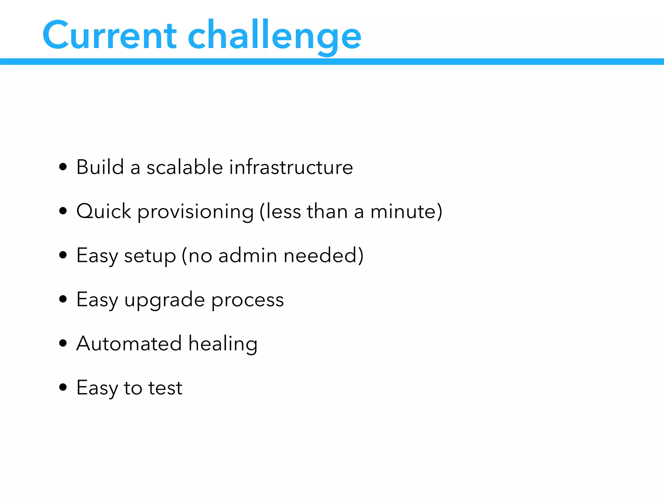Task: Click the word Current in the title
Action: pyautogui.click(x=109, y=35)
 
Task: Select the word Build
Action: pyautogui.click(x=100, y=167)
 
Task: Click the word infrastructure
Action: pyautogui.click(x=291, y=167)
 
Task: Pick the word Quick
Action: pyautogui.click(x=104, y=212)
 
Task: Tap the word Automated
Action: pyautogui.click(x=129, y=343)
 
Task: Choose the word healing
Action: pyautogui.click(x=223, y=344)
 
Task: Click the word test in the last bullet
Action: pyautogui.click(x=165, y=388)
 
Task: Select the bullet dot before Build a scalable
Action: pyautogui.click(x=63, y=167)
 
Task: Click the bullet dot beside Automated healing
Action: pyautogui.click(x=63, y=343)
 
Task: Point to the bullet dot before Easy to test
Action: pyautogui.click(x=63, y=387)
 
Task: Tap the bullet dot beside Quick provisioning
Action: pyautogui.click(x=63, y=211)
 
